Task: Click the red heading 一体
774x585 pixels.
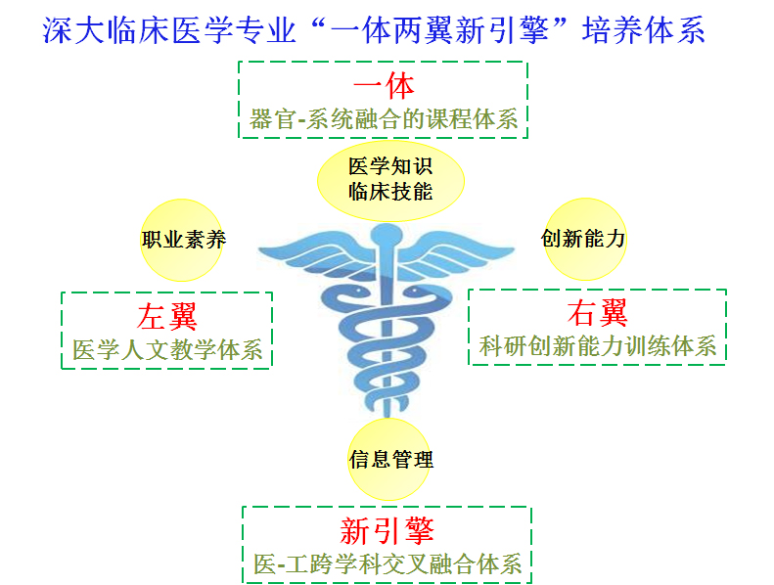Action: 384,86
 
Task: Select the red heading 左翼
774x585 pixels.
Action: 167,316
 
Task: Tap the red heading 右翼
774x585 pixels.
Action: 597,313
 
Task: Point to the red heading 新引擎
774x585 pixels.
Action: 387,530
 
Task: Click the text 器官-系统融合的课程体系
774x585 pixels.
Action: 384,119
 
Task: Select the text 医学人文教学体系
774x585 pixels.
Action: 167,349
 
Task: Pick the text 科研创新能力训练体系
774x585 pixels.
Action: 597,345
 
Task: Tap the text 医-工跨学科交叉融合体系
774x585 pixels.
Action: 387,563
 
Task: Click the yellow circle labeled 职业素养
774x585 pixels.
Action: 182,240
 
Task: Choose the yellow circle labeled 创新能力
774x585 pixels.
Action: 585,239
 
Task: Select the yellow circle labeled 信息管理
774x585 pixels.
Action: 389,460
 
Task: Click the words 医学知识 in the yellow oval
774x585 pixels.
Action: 390,166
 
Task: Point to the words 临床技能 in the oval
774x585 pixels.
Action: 390,192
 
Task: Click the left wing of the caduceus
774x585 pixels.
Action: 316,255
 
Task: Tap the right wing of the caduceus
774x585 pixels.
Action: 457,255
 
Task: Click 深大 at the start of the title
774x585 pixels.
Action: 74,29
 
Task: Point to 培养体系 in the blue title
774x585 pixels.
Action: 643,29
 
